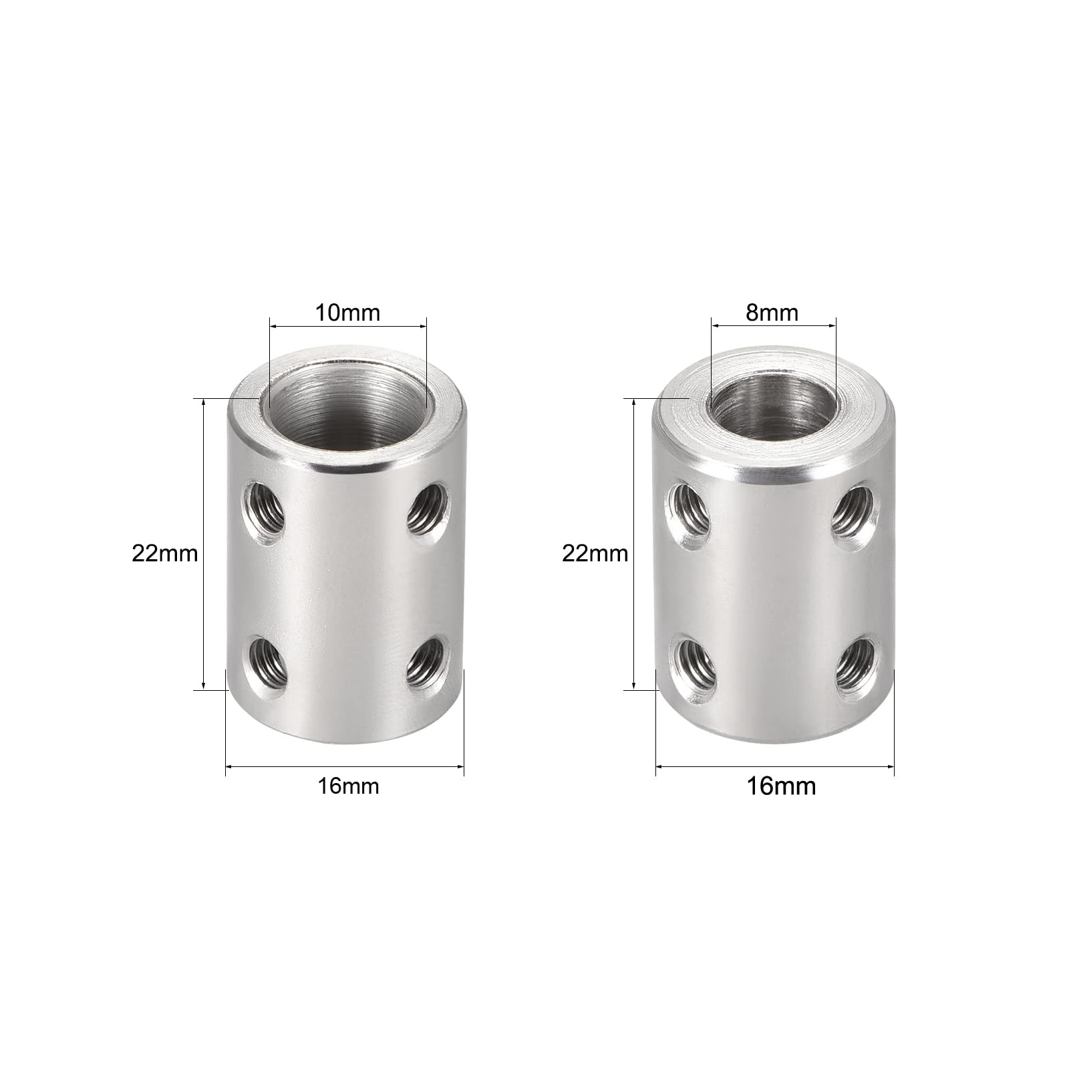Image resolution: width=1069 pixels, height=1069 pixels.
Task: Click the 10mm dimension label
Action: point(347,312)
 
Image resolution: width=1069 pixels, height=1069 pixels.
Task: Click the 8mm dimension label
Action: point(772,312)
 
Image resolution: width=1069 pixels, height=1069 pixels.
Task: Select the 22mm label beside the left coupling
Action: point(164,554)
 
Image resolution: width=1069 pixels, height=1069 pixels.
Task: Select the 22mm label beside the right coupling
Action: point(595,554)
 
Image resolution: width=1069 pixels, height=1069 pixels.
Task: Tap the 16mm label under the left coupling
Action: point(348,786)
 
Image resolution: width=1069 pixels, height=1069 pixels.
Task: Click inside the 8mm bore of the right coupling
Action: point(772,408)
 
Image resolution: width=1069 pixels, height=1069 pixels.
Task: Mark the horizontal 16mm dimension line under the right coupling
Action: point(775,768)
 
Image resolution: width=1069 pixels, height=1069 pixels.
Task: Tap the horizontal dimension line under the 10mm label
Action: point(347,327)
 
